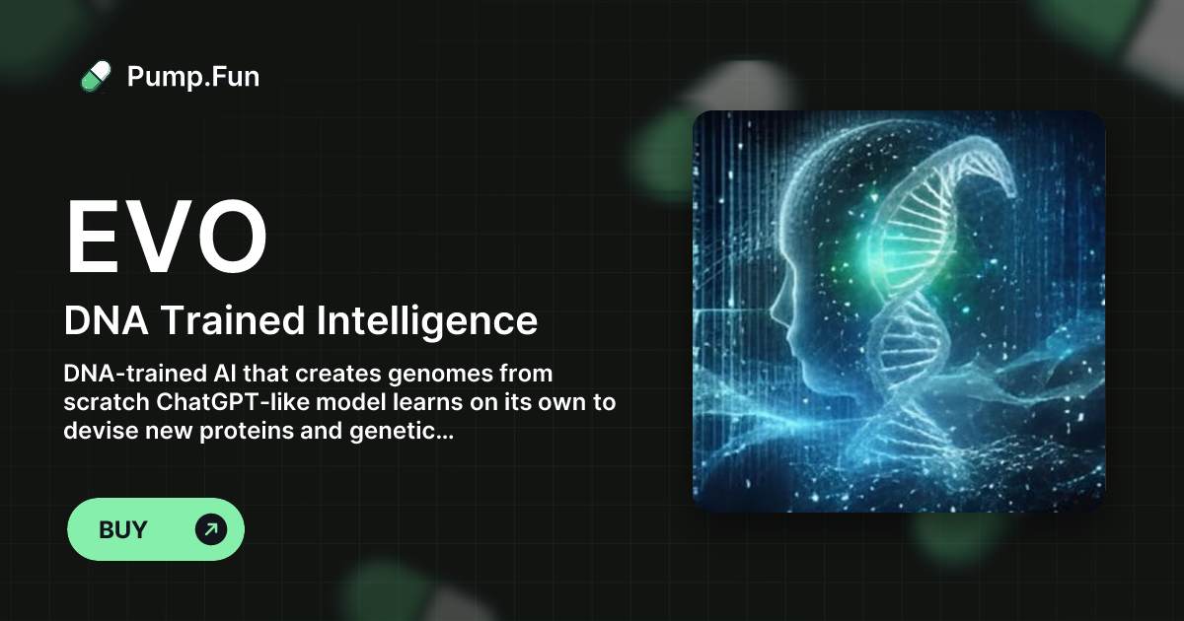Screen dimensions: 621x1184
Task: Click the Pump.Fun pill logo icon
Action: pos(95,76)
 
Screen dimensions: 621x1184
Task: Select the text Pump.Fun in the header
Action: pos(193,76)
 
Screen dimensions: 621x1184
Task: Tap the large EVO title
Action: pos(166,238)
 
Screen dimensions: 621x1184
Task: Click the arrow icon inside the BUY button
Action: pos(210,529)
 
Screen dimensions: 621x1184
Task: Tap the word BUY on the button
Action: pos(123,530)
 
